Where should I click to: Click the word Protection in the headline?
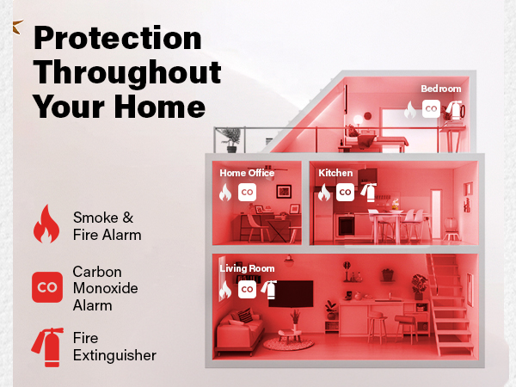[x=117, y=39]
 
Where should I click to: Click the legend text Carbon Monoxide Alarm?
[x=106, y=287]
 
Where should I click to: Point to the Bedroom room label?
[x=440, y=89]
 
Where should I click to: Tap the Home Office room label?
[x=247, y=173]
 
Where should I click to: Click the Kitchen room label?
[x=335, y=173]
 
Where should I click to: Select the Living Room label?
[x=247, y=269]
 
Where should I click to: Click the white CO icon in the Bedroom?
[x=432, y=109]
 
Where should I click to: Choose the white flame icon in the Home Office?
[x=226, y=193]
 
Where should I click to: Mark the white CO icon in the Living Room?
[x=247, y=290]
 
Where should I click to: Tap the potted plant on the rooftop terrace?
[x=231, y=138]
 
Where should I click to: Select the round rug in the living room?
[x=288, y=344]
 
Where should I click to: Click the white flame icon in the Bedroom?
[x=411, y=110]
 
